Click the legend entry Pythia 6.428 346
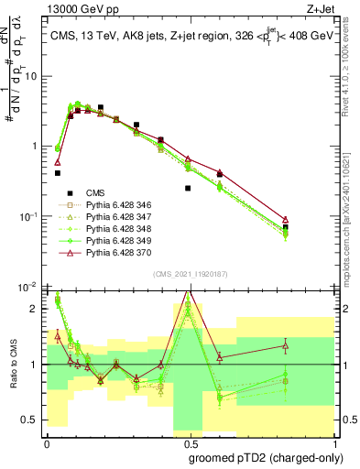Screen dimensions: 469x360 [x=115, y=206]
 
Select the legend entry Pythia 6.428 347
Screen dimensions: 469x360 [x=115, y=218]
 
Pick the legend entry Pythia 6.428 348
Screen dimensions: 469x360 [x=115, y=229]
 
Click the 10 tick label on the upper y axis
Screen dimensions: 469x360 [x=30, y=77]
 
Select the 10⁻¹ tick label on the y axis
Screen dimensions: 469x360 [x=27, y=217]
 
